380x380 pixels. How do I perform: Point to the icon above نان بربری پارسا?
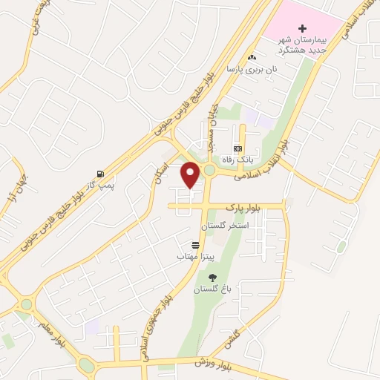pos(252,57)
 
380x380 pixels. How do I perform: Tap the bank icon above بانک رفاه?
pos(237,148)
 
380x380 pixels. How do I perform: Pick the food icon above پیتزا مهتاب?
pos(195,245)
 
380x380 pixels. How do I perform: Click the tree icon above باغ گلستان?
pos(212,277)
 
